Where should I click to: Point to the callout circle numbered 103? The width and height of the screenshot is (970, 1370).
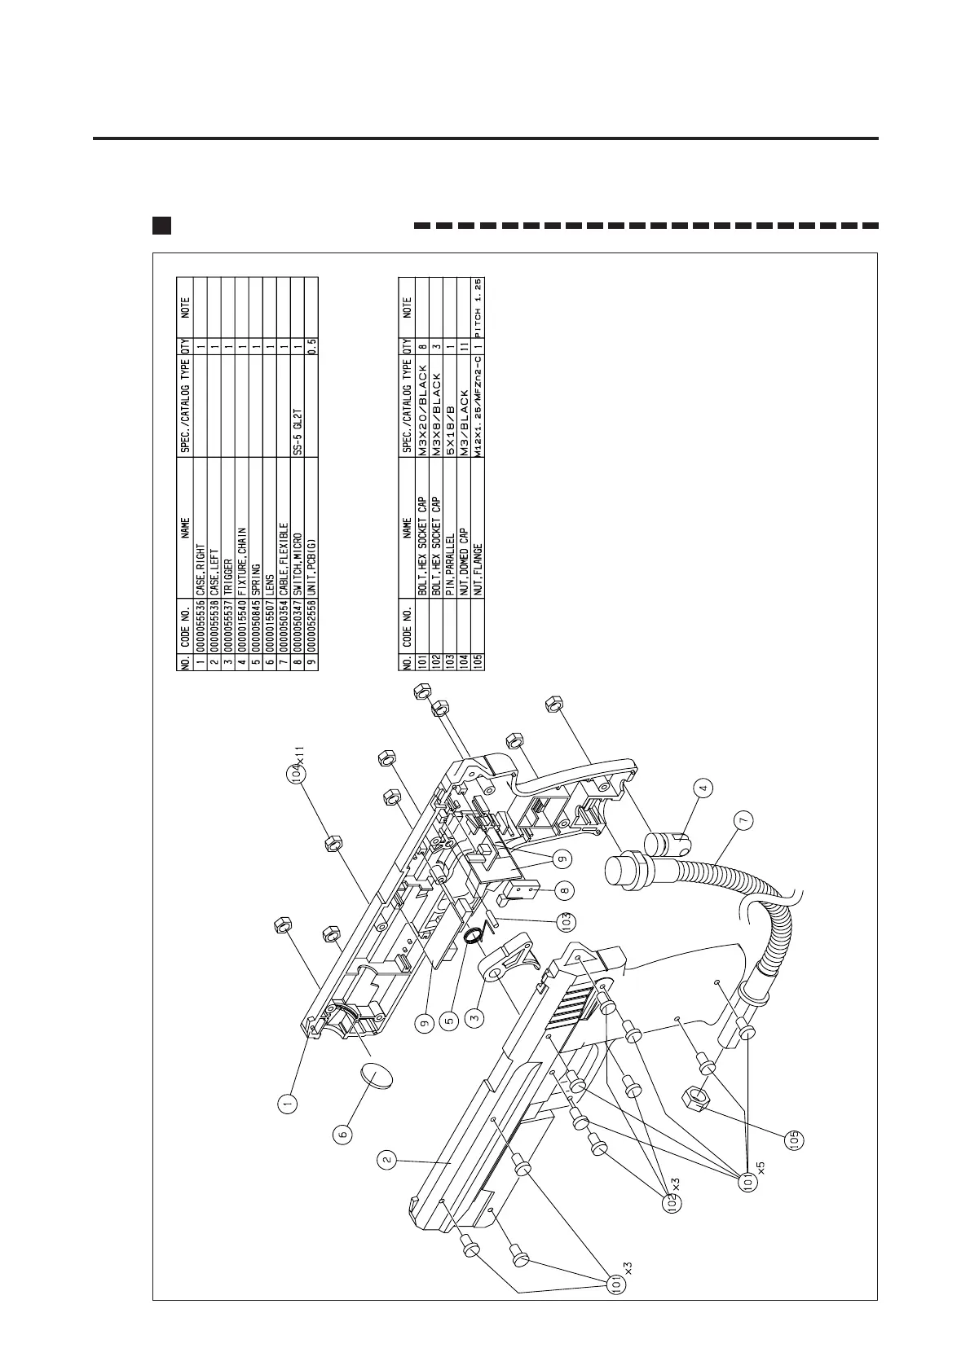coord(564,922)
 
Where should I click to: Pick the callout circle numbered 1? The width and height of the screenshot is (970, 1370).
coord(287,1104)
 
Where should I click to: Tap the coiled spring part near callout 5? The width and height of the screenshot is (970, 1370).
coord(472,937)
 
